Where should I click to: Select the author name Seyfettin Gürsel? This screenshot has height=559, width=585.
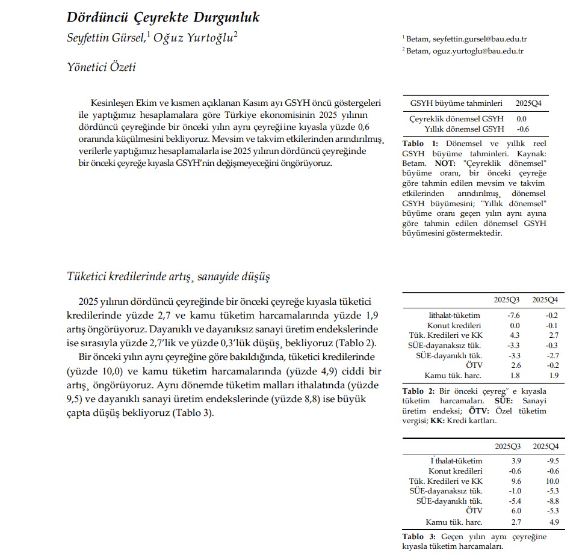pos(105,37)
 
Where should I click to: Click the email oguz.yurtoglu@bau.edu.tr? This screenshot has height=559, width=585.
pos(478,50)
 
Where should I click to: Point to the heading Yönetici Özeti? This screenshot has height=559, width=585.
pos(101,67)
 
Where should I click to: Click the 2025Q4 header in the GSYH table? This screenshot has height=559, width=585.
pos(528,103)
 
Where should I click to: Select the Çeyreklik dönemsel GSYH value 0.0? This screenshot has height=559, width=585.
pos(521,119)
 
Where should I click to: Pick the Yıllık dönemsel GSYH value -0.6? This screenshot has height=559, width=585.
pos(522,129)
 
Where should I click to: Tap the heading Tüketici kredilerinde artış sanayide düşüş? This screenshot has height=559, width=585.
pos(169,276)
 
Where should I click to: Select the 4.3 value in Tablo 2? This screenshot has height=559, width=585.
pos(515,335)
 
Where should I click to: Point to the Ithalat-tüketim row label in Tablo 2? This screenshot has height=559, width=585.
pos(454,316)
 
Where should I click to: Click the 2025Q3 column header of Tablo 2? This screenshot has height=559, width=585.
pos(507,299)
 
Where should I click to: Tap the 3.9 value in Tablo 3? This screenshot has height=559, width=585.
pos(515,461)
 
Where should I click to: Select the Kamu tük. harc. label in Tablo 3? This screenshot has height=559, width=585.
pos(454,522)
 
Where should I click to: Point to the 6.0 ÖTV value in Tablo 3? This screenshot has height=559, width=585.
pos(515,511)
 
